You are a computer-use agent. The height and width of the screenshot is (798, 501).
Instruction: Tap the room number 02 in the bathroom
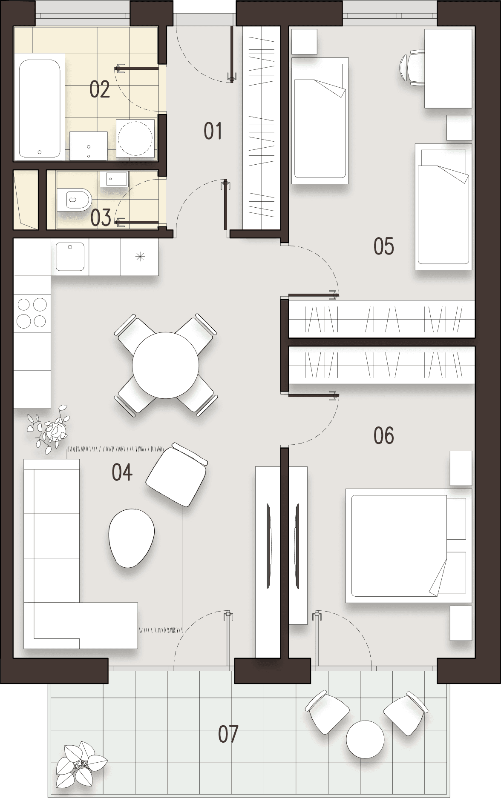[99, 89]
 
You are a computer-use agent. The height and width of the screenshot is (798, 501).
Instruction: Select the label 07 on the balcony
[228, 734]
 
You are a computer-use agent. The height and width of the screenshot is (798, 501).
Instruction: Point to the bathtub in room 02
[39, 109]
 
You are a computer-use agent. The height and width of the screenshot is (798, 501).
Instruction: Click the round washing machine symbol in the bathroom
[135, 138]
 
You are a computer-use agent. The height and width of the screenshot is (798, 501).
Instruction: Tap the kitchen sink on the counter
[70, 256]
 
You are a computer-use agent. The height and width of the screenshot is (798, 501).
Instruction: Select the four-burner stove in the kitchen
[32, 312]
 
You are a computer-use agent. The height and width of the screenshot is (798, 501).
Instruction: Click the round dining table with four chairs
[165, 365]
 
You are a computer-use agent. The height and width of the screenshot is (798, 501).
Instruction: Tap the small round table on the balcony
[365, 739]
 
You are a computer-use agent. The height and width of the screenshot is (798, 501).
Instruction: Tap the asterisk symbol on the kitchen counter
[140, 257]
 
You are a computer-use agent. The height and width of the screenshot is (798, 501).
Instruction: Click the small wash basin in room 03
[114, 179]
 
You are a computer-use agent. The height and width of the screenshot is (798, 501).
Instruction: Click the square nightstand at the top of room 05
[304, 42]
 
